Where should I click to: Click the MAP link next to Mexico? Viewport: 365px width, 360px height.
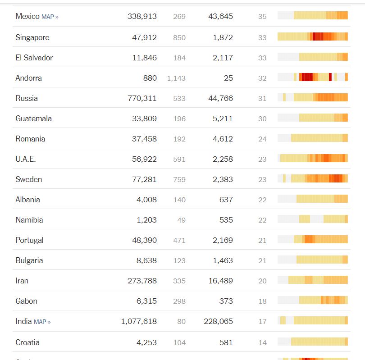tap(50, 17)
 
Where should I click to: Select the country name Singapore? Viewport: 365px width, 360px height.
tap(32, 37)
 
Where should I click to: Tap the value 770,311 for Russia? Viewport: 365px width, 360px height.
tap(142, 98)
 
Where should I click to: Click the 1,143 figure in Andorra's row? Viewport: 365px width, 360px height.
tap(176, 78)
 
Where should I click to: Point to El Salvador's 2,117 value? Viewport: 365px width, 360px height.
tap(223, 58)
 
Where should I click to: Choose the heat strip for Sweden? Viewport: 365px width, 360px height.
tap(313, 179)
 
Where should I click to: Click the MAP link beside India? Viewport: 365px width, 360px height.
tap(42, 322)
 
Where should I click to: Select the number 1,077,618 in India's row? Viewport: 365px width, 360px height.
tap(139, 321)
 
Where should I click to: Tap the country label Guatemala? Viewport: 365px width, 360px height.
tap(34, 118)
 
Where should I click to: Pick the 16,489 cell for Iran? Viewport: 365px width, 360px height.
tap(220, 281)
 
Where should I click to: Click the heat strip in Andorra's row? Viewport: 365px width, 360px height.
tap(313, 77)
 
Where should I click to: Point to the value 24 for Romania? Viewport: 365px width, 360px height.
tap(262, 139)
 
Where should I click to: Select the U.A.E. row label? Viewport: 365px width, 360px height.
tap(26, 159)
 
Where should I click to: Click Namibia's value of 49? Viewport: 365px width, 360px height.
tap(179, 220)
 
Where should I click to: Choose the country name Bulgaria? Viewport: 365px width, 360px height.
tap(29, 260)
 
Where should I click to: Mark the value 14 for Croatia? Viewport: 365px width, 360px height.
tap(262, 342)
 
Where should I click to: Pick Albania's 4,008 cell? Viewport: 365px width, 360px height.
tap(146, 200)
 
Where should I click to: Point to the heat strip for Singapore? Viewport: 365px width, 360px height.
tap(313, 36)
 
